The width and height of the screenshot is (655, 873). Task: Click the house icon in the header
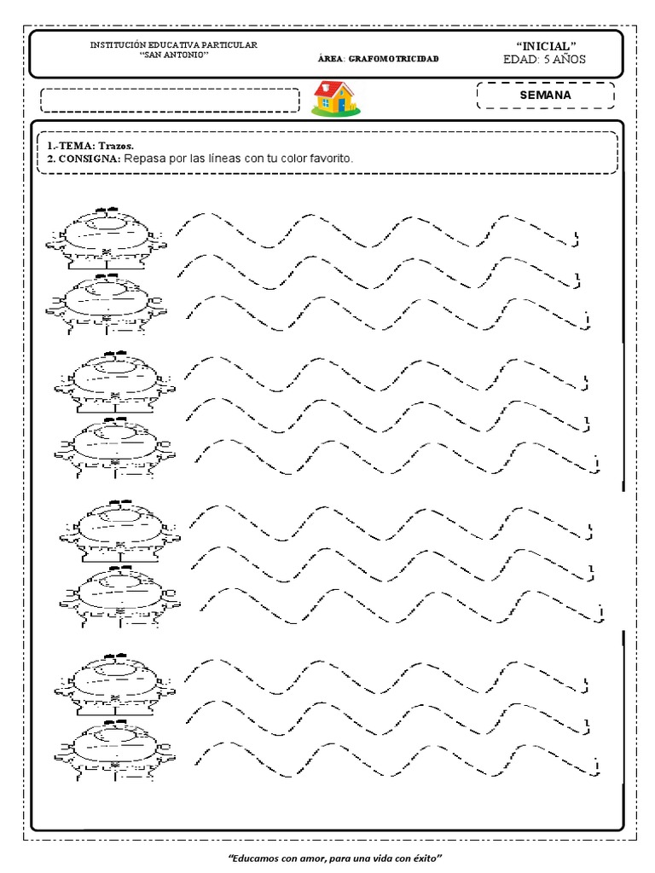coord(336,97)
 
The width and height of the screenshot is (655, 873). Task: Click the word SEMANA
coord(545,95)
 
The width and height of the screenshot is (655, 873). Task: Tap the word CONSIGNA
coord(89,159)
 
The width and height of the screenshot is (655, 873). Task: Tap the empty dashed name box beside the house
coord(170,101)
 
